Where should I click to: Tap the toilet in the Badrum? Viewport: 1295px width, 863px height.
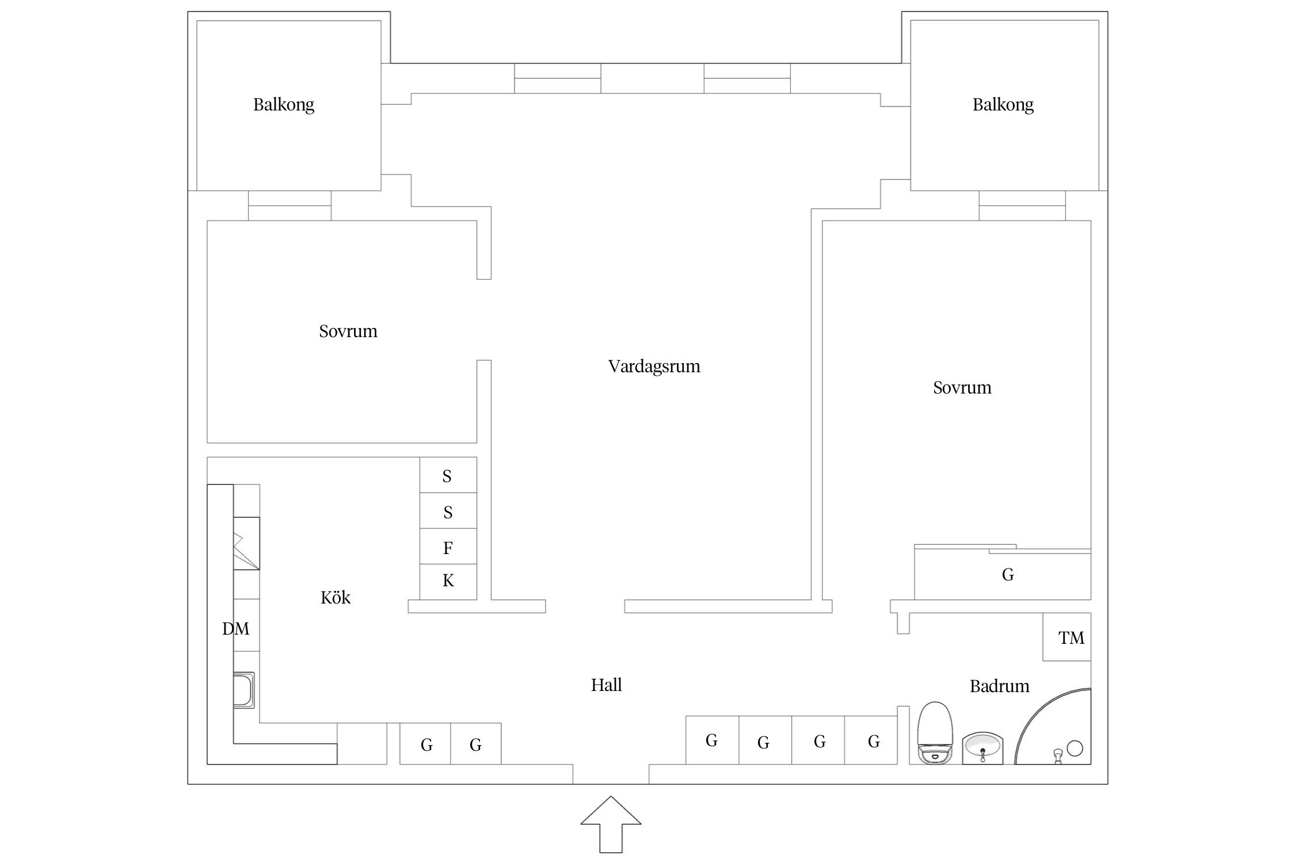(935, 734)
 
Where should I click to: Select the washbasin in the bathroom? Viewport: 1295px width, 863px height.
(982, 749)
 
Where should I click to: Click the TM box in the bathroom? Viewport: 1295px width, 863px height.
(1067, 637)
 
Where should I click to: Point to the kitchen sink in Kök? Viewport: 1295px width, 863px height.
(243, 690)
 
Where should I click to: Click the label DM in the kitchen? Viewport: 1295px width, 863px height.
(235, 629)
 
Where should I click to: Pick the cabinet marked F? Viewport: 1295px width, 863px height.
(448, 547)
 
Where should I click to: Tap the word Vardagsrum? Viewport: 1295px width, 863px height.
(654, 366)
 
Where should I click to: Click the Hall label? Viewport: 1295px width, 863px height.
(606, 685)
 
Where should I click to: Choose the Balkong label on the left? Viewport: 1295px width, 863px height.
(284, 105)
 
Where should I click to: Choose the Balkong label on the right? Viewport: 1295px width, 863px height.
(1003, 105)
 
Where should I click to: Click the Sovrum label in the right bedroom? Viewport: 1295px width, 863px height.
(962, 388)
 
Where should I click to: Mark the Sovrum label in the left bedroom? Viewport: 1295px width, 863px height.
(348, 331)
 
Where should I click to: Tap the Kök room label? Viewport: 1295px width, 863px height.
(335, 598)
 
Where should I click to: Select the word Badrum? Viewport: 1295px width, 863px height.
(999, 686)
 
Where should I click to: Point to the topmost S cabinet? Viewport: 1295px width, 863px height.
(448, 475)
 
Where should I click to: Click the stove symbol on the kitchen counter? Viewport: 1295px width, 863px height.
(246, 543)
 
